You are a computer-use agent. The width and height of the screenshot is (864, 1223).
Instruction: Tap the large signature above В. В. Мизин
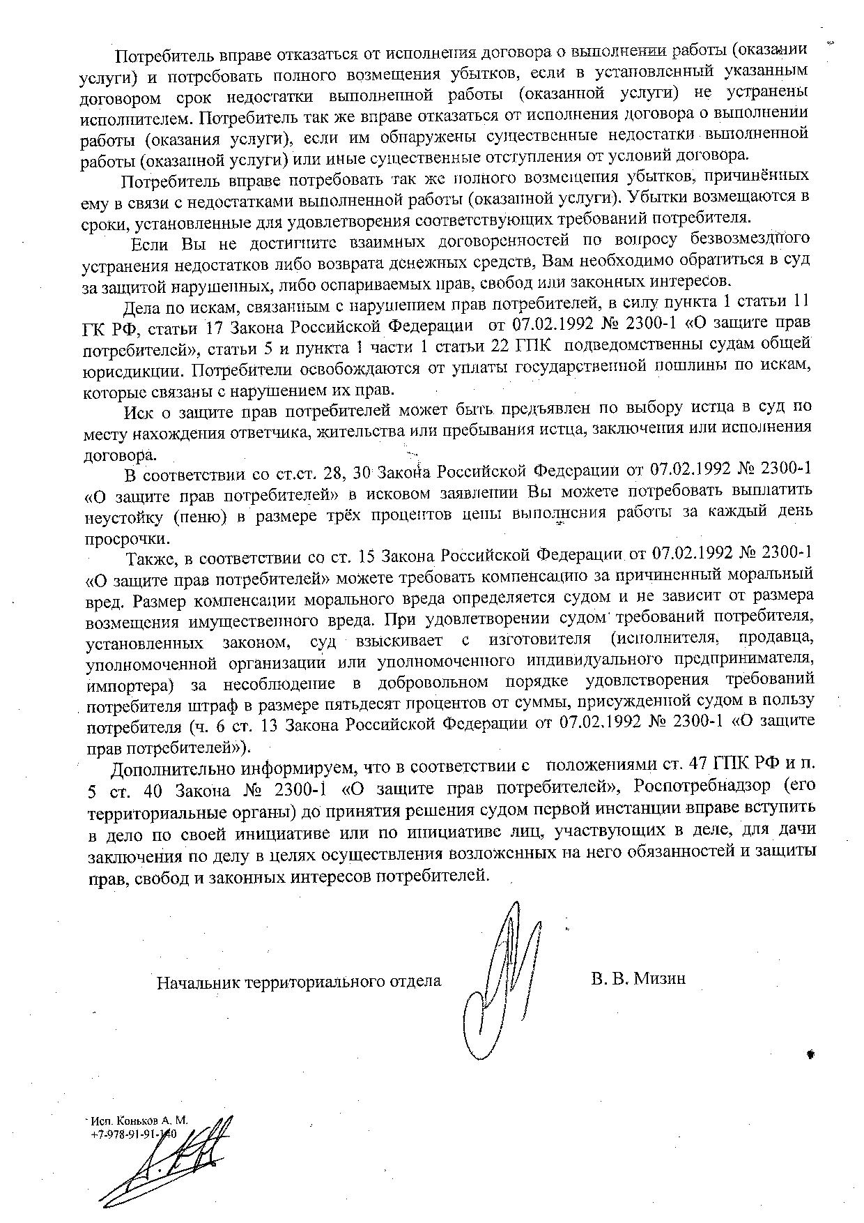[502, 976]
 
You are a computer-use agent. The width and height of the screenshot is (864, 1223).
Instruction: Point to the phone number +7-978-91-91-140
[134, 1134]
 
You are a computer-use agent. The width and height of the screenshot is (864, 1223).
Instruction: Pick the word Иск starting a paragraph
[138, 411]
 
